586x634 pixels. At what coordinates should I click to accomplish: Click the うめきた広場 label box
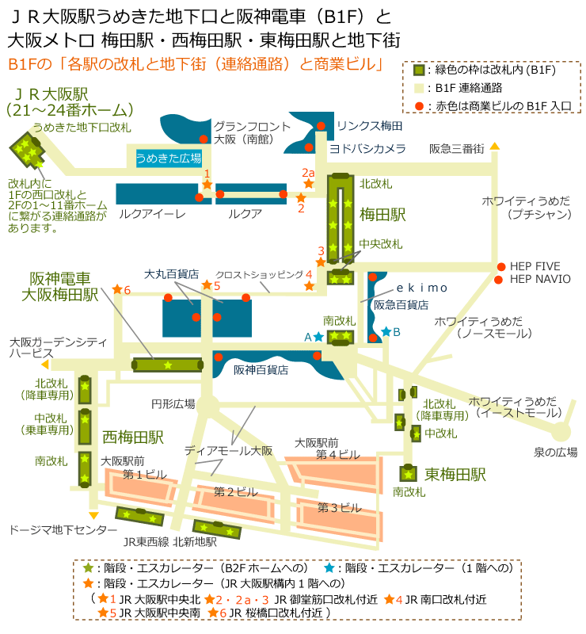(168, 158)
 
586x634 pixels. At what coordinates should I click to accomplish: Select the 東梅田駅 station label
(455, 475)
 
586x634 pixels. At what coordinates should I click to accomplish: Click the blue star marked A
(318, 337)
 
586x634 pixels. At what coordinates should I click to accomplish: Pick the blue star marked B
(386, 331)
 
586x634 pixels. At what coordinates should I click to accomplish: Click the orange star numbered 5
(207, 285)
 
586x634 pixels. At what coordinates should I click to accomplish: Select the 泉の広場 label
(555, 453)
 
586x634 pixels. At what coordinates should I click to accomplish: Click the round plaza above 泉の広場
(561, 432)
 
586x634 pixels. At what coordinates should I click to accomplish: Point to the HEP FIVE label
(540, 266)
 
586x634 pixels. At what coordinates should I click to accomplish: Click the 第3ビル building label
(339, 506)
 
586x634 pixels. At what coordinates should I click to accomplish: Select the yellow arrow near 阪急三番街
(494, 146)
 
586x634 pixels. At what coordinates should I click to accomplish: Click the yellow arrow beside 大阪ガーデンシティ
(45, 365)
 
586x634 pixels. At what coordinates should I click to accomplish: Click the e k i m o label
(421, 287)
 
